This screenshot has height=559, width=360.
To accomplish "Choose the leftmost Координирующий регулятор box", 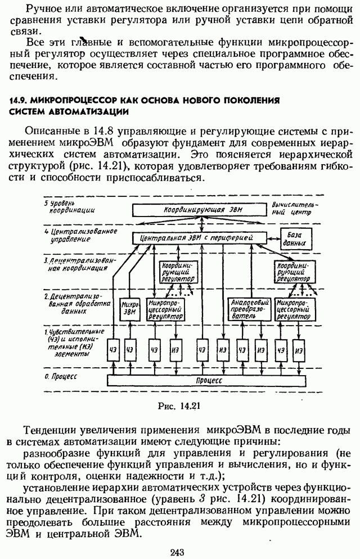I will (177, 272).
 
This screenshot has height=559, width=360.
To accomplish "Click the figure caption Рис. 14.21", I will (180, 403).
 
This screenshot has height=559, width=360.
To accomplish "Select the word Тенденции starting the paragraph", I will (53, 430).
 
